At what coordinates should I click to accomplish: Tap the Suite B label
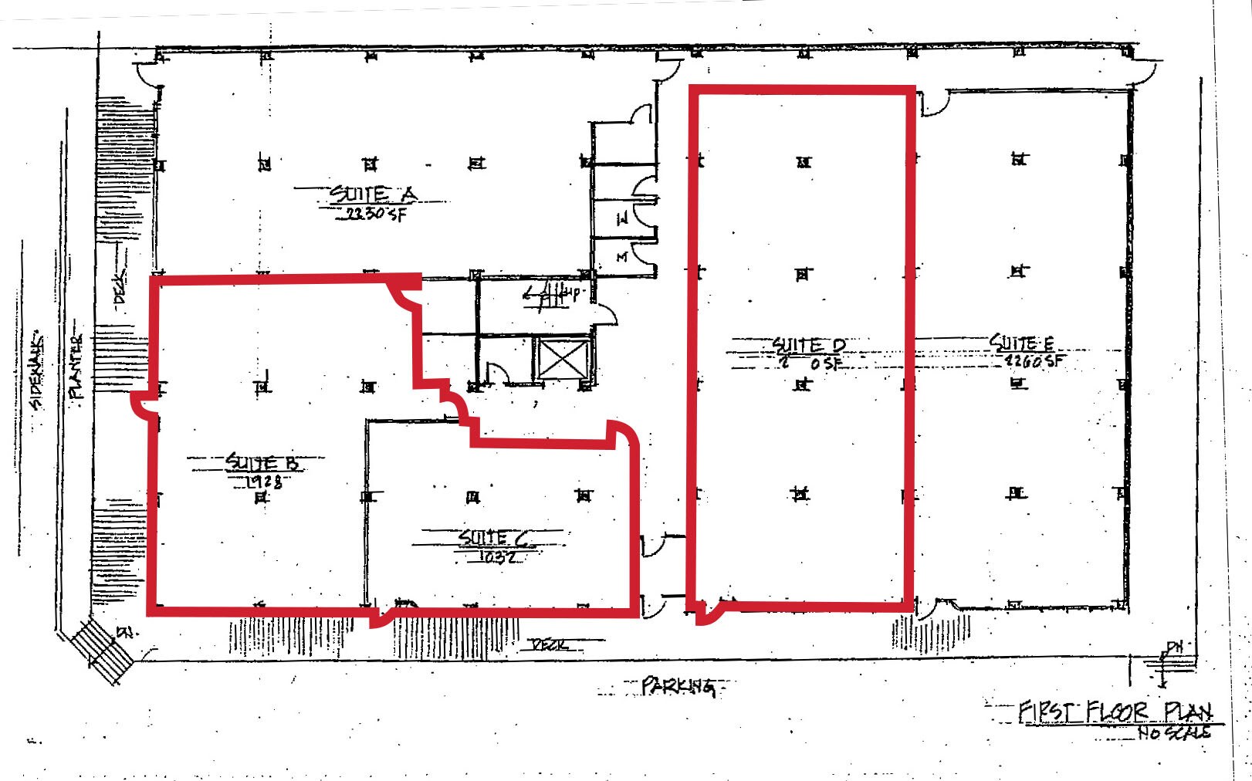(262, 462)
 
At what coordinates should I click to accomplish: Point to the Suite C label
(494, 537)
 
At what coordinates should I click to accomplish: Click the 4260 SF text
(1033, 360)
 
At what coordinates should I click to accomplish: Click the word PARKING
(677, 685)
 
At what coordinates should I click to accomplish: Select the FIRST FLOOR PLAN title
(1115, 711)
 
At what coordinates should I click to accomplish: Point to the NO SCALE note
(1173, 732)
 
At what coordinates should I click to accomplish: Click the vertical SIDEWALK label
(36, 372)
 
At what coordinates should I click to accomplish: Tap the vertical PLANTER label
(76, 367)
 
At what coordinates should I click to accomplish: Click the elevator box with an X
(563, 359)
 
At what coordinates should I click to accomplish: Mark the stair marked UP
(550, 294)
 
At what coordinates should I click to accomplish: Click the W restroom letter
(621, 219)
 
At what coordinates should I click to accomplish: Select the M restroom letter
(621, 256)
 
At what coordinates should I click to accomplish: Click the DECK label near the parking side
(549, 644)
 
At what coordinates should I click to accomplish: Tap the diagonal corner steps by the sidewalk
(103, 651)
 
